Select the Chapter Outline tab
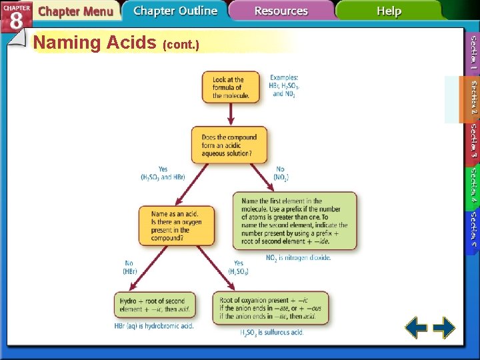(175, 11)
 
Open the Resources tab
(281, 11)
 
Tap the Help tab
(389, 11)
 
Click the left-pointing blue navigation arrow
(417, 327)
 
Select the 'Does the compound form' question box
(229, 145)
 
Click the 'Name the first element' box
(294, 221)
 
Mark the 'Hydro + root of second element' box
(155, 305)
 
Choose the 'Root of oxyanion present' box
(270, 308)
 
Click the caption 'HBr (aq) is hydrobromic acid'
(154, 326)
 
